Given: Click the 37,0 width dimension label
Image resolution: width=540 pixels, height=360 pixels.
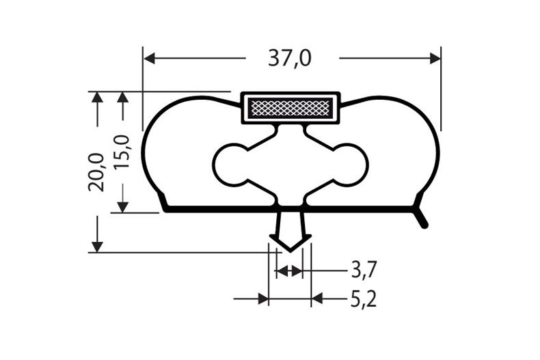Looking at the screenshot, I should pos(289,59).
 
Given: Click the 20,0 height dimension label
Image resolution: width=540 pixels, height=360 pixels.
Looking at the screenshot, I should pos(96,171).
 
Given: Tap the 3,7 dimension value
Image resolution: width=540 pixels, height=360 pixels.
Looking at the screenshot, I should pos(362,271).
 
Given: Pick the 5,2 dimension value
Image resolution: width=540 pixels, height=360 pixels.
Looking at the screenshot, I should pos(364,299).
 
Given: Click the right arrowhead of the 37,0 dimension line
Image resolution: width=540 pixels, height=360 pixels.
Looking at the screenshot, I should pos(434,59).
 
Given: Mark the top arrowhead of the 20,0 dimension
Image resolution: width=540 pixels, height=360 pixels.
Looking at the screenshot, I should pos(97,98).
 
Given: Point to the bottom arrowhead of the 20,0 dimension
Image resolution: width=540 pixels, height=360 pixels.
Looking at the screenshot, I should pos(97,245).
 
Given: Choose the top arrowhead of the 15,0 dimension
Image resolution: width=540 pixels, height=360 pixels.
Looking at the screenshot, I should pos(122,98).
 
